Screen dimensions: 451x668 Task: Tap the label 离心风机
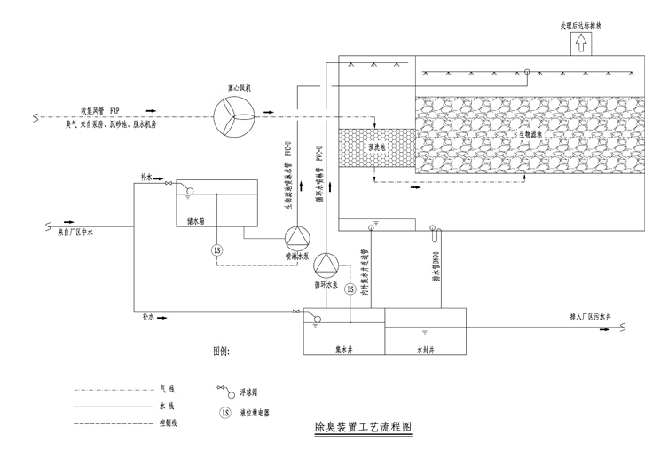click(x=239, y=89)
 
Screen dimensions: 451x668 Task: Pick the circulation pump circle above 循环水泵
click(x=328, y=264)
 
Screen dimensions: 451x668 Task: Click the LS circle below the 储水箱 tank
click(x=217, y=251)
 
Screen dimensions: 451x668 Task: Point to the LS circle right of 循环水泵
click(x=350, y=289)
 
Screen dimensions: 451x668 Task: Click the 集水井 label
click(x=344, y=349)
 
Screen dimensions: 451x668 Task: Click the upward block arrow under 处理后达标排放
click(x=580, y=41)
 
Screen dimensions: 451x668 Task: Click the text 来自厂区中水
click(x=75, y=233)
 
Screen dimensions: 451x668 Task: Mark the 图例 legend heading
click(x=221, y=352)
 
